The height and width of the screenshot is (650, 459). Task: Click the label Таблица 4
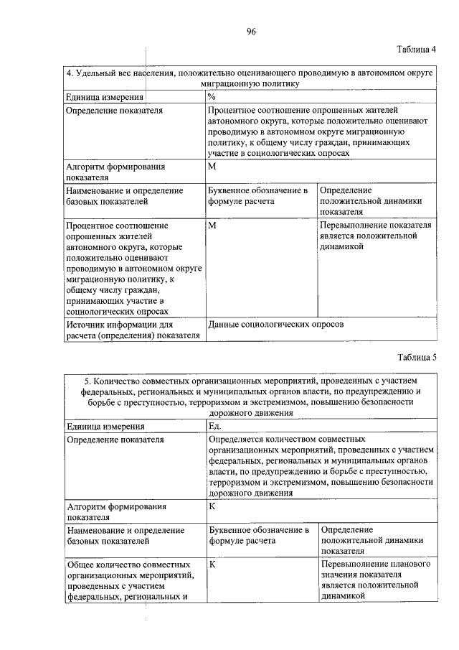point(416,49)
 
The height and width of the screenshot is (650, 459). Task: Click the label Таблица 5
point(416,357)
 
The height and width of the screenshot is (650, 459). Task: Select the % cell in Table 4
point(212,96)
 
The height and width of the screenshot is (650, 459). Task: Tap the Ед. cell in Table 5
point(214,426)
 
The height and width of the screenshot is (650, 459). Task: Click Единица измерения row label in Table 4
point(105,96)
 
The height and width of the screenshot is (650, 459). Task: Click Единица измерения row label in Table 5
point(105,426)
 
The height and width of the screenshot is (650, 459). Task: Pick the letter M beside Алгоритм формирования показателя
point(212,166)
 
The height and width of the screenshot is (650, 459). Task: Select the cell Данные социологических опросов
point(276,325)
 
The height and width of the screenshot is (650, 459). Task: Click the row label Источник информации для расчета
point(132,330)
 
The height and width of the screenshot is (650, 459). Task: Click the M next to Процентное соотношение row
point(212,226)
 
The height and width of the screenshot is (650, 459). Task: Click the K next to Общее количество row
point(212,565)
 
